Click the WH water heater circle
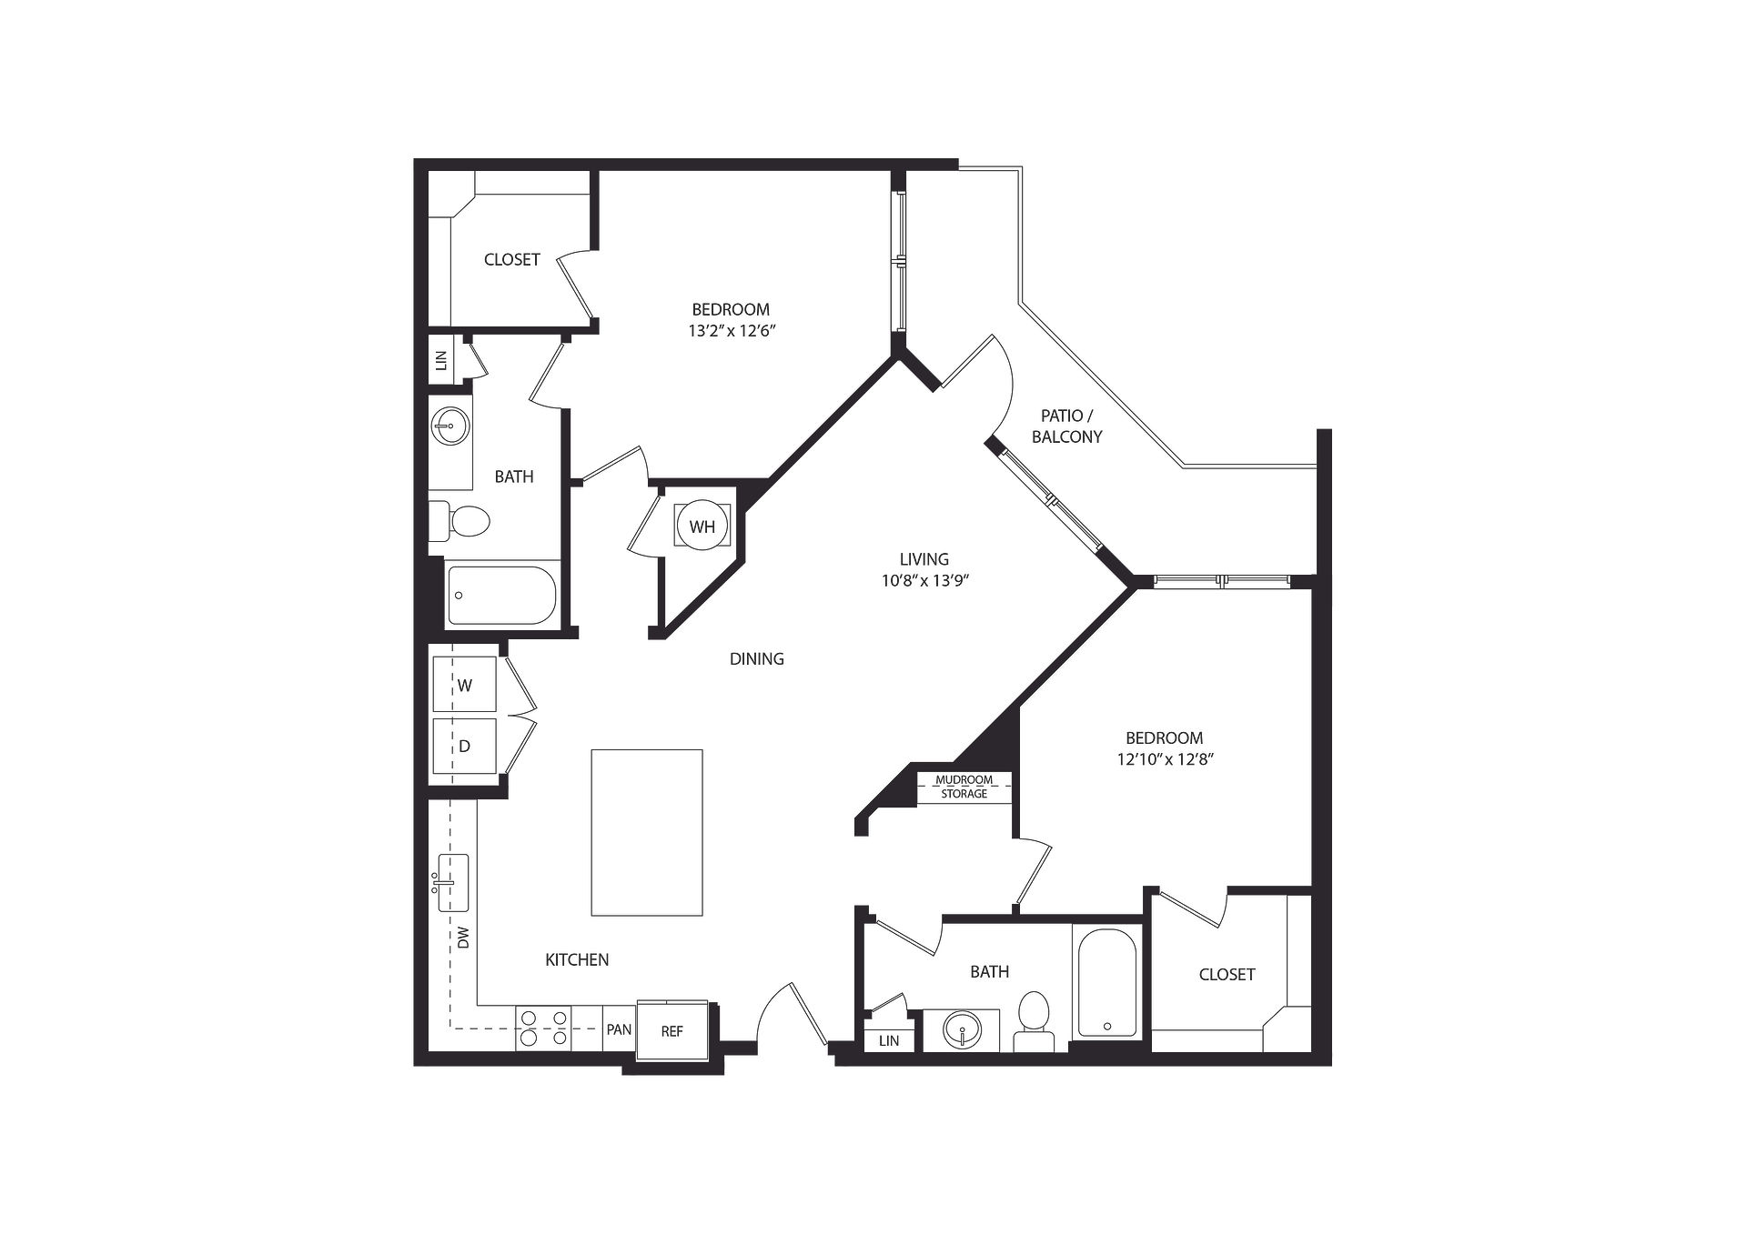(702, 526)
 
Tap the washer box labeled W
(464, 684)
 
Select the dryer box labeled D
(464, 747)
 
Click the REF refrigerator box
(672, 1030)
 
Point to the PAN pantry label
(619, 1029)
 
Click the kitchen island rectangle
(647, 832)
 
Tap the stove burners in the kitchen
(542, 1028)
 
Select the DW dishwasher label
(464, 938)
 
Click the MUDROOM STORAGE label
(964, 787)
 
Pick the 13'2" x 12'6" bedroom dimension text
(732, 331)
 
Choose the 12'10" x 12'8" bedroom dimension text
(1166, 759)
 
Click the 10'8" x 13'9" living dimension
(924, 581)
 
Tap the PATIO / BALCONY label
(1067, 426)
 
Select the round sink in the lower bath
(962, 1031)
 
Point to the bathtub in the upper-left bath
(500, 596)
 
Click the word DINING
(756, 658)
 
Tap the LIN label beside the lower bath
(889, 1040)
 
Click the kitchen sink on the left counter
(452, 882)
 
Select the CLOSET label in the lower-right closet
(1227, 974)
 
